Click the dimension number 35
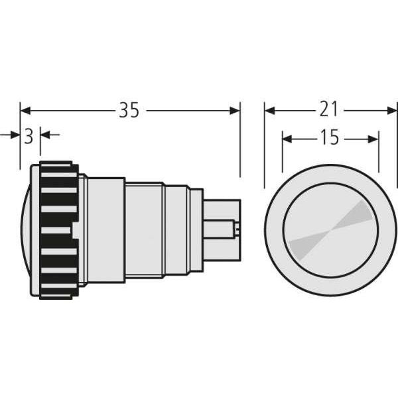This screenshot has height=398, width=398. (129, 110)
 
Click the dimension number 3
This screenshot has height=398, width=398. (29, 137)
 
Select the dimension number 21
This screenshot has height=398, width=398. (329, 109)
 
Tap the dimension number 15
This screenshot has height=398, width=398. (330, 137)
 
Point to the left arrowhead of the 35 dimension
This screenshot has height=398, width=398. (25, 111)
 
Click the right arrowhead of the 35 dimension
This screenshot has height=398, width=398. (235, 111)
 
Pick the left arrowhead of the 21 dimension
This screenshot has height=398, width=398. (270, 111)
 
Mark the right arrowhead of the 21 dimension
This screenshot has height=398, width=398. (391, 111)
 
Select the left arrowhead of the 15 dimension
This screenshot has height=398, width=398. (288, 139)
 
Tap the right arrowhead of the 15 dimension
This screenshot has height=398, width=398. (373, 139)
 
